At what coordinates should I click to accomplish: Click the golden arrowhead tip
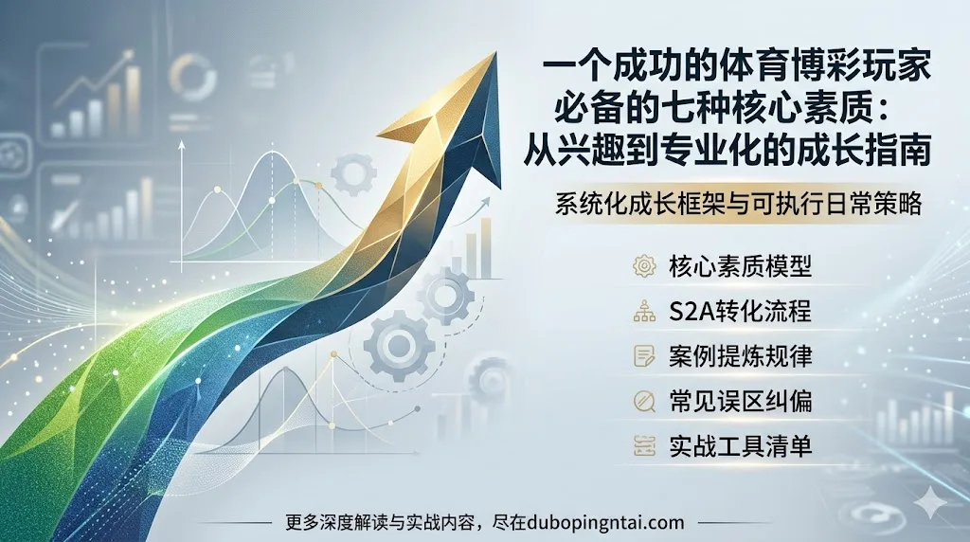494,56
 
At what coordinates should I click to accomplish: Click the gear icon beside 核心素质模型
644,266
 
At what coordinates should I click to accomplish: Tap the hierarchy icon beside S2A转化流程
644,311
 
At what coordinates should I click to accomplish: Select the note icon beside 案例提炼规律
644,356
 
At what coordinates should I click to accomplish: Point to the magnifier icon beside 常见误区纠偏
644,402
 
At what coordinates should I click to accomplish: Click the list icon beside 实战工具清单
644,445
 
